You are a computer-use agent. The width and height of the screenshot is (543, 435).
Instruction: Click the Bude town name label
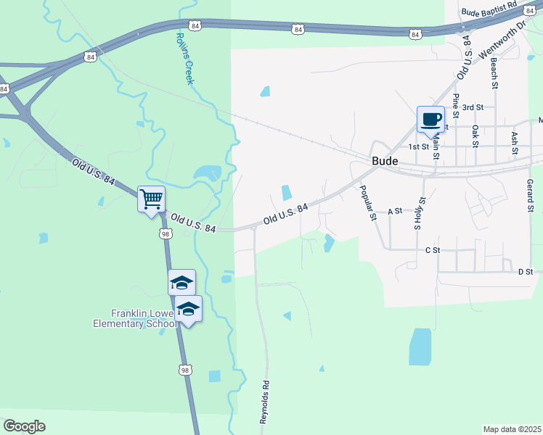(384, 161)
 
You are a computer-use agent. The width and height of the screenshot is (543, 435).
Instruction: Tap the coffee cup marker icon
(430, 119)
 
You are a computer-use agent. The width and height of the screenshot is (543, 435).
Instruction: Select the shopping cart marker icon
(151, 199)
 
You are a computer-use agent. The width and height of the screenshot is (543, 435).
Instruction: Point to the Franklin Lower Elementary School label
(144, 318)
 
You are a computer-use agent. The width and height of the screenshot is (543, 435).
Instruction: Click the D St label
(526, 272)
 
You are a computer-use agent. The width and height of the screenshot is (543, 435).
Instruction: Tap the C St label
(433, 250)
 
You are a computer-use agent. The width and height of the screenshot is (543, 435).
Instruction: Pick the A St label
(395, 212)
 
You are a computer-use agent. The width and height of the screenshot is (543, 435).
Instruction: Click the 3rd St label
(473, 107)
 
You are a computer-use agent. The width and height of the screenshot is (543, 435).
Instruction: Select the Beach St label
(494, 75)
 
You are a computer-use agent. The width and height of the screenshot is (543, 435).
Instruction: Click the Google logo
(24, 426)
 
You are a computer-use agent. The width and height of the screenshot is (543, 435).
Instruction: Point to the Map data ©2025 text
(511, 429)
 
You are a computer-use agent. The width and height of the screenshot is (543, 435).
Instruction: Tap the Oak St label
(475, 136)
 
